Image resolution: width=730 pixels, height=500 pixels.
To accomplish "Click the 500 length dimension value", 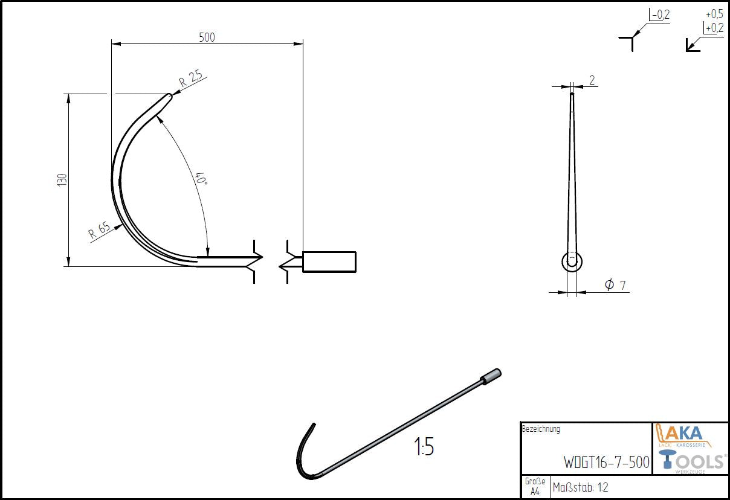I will click(x=207, y=37).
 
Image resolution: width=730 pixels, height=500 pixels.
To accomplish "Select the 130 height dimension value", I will click(x=61, y=180).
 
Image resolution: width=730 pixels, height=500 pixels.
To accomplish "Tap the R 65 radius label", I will click(x=99, y=231).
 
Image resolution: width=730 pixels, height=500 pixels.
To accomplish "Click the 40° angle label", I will click(x=200, y=179).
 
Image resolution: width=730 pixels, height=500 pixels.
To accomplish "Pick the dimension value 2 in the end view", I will click(x=592, y=80).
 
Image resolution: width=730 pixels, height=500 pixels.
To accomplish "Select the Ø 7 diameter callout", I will click(x=614, y=284).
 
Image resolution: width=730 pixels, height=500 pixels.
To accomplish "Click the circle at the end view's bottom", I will click(x=572, y=261).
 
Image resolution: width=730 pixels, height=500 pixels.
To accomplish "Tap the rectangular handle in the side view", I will click(x=329, y=261).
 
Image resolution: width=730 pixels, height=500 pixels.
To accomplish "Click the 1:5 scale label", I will click(x=424, y=448).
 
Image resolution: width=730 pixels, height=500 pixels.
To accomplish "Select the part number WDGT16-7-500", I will click(x=606, y=463).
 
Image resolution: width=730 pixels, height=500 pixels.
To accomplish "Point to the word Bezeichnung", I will click(x=541, y=429).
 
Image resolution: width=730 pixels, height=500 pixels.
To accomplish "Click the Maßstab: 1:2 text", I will click(x=580, y=487).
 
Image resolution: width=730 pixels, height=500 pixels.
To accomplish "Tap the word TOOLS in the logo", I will click(x=701, y=461).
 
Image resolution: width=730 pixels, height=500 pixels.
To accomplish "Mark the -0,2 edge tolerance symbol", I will click(x=659, y=16).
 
